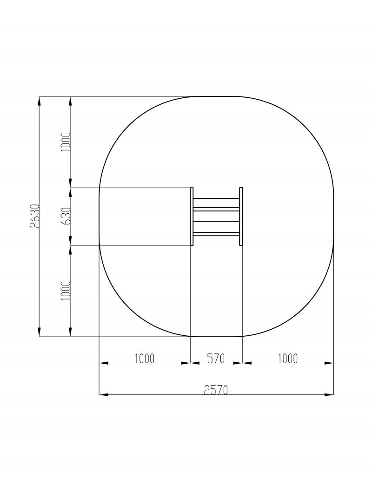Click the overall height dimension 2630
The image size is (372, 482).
click(x=35, y=216)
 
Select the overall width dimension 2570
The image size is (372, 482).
click(x=216, y=390)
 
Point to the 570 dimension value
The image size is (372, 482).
click(x=216, y=358)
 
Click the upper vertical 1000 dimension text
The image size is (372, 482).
click(x=66, y=142)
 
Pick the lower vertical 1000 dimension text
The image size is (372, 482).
click(x=66, y=291)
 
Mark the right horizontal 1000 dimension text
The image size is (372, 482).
click(x=288, y=358)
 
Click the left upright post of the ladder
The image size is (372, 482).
click(x=192, y=217)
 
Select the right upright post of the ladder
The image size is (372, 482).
click(x=241, y=217)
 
